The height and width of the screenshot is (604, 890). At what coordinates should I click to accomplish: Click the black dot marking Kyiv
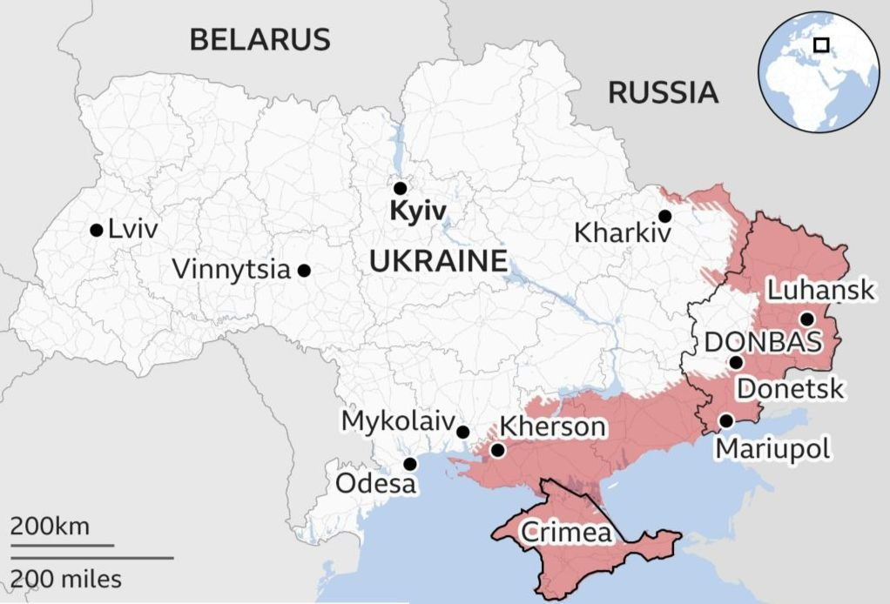[400, 188]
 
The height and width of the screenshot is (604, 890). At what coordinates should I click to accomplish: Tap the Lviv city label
[133, 231]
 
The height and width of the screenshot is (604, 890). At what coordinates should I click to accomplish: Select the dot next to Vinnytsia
[304, 271]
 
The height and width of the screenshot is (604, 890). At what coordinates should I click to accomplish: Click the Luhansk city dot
[806, 319]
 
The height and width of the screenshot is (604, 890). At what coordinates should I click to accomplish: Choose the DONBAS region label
[763, 342]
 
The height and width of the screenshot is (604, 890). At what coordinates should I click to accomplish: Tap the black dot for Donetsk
[736, 362]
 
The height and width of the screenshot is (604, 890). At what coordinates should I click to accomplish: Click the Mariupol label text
[772, 448]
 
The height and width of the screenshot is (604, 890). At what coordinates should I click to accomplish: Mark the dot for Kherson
[497, 450]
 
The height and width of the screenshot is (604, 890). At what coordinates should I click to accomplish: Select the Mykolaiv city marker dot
[463, 432]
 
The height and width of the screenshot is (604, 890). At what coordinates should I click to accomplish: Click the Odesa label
[377, 483]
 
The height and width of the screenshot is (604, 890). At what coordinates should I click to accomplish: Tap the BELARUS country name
[260, 39]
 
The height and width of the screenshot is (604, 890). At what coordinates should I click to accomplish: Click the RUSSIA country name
[663, 91]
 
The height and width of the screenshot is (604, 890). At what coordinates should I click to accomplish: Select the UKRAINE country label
[438, 260]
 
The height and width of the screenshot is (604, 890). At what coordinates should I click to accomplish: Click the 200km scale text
[50, 527]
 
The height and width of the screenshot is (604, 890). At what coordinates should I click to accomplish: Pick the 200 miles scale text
[66, 578]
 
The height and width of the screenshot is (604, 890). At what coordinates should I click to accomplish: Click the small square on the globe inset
[820, 44]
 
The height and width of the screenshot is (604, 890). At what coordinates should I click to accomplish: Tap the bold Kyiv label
[418, 211]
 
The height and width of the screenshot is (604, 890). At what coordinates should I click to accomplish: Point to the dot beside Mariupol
[725, 421]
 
